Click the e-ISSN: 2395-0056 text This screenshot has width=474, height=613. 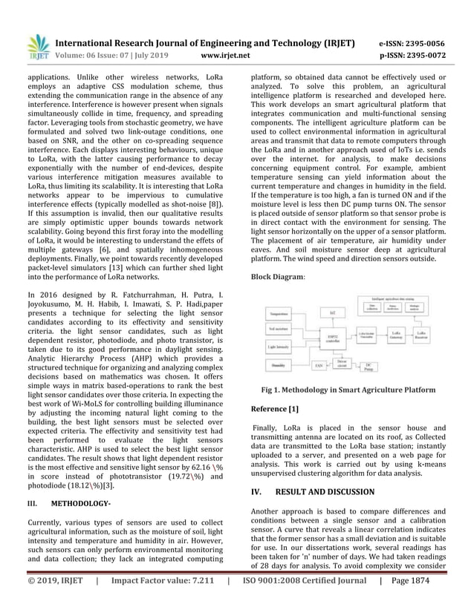[412, 43]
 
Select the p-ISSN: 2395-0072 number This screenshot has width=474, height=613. [412, 55]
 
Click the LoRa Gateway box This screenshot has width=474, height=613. [396, 335]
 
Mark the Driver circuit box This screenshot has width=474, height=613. [341, 364]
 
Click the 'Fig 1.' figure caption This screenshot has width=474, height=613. [348, 389]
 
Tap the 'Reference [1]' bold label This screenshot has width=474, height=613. [275, 408]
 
